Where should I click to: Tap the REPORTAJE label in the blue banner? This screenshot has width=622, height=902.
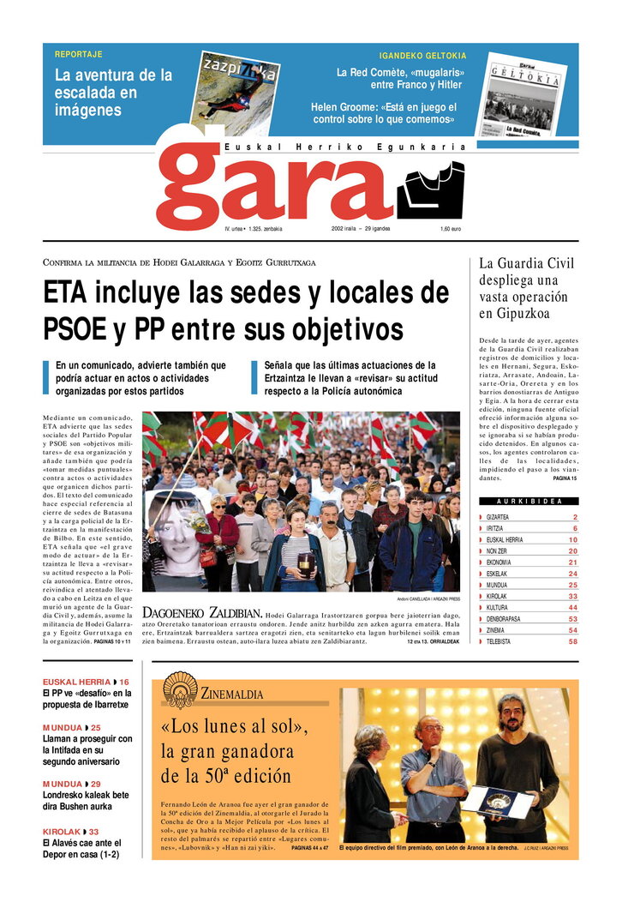coord(78,54)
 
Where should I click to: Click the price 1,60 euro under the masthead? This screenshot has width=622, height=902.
coord(451,229)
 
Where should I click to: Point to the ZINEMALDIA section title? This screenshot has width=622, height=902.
coord(232,694)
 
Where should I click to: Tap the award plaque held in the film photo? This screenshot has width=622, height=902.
coord(497,801)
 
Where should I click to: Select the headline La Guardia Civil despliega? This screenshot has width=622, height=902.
coord(527,288)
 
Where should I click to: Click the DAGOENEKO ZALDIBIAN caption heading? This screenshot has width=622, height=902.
coord(201,614)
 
